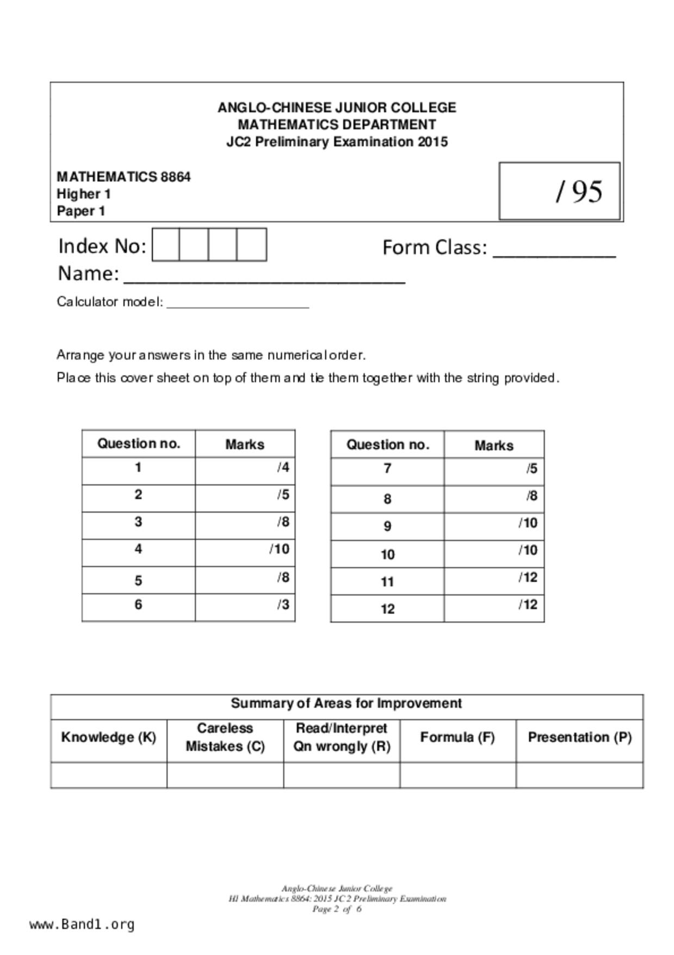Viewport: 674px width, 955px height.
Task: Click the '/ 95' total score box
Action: click(x=559, y=191)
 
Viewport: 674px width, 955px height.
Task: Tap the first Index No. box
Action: click(x=166, y=245)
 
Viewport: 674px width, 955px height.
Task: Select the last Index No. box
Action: click(x=252, y=245)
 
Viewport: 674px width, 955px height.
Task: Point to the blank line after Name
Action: click(x=264, y=278)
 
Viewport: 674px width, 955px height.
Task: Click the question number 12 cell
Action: click(x=387, y=609)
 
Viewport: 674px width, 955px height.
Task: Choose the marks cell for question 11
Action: click(x=493, y=581)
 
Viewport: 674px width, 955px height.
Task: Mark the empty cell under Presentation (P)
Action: click(x=579, y=775)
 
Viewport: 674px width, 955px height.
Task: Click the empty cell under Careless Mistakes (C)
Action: click(x=225, y=775)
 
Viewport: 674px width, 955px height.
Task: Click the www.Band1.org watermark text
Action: click(x=82, y=925)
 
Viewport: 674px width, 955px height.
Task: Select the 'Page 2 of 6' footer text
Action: click(x=337, y=909)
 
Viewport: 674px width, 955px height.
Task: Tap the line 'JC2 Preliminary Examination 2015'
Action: click(x=337, y=142)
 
